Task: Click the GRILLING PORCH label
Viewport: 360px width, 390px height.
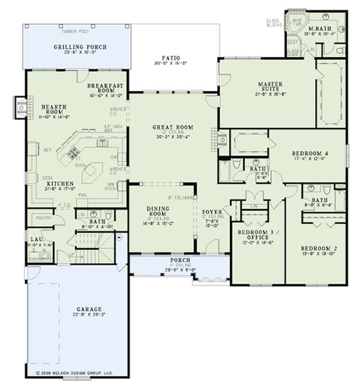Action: (77, 47)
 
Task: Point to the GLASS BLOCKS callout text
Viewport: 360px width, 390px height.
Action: (274, 23)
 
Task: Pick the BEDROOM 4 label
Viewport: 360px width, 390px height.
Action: (310, 153)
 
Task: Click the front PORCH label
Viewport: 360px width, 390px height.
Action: (179, 259)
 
